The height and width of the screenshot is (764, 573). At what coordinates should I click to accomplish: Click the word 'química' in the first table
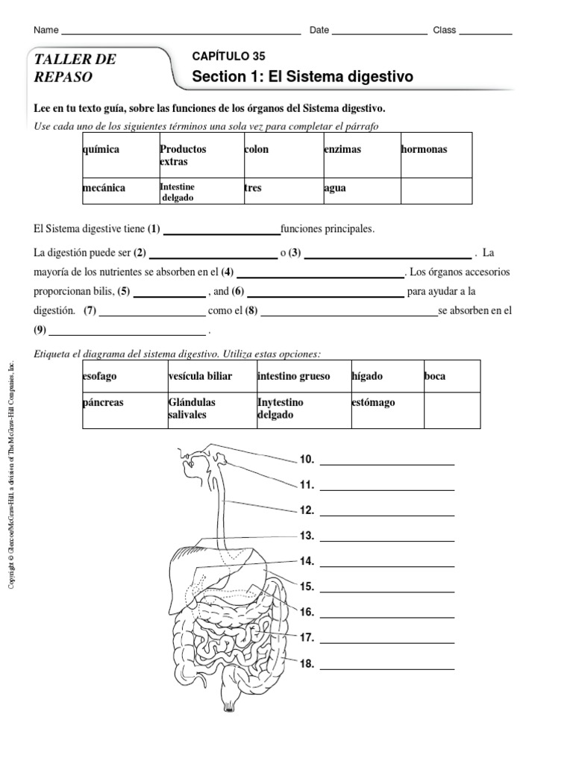point(101,149)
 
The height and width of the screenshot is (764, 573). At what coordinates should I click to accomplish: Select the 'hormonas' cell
point(424,149)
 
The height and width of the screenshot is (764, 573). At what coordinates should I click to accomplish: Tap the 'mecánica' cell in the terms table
point(104,188)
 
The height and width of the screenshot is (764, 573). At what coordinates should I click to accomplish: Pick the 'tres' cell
point(253,188)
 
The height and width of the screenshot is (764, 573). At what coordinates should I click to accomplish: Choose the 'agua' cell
point(334,188)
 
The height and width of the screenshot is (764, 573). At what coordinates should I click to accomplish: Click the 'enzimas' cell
point(342,149)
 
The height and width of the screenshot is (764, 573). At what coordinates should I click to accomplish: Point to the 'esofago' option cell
point(100,376)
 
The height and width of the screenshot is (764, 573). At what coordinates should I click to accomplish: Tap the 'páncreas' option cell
point(104,402)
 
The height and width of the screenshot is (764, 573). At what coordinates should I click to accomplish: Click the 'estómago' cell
point(373,402)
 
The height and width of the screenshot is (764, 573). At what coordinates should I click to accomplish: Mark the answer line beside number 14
point(386,566)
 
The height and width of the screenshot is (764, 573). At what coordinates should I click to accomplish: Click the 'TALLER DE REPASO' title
point(75,68)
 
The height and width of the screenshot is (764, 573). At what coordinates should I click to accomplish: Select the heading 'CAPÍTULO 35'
point(228,56)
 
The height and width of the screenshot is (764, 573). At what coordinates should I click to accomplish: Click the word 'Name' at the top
point(46,31)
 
